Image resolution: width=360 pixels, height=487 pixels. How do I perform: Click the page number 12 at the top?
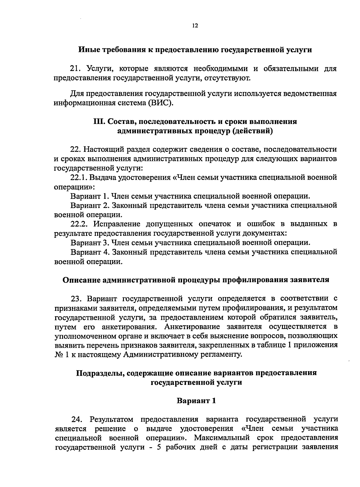point(195,26)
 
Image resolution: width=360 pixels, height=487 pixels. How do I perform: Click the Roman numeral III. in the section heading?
point(99,122)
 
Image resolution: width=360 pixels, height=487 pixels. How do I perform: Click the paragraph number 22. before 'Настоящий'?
point(75,149)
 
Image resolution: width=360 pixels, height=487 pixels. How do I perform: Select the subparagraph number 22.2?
point(79,224)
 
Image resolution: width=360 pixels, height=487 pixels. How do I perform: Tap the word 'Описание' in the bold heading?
point(81,280)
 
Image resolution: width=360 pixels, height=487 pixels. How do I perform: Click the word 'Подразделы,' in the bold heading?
point(100,373)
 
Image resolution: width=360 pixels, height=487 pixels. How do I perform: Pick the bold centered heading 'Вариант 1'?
point(196,401)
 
